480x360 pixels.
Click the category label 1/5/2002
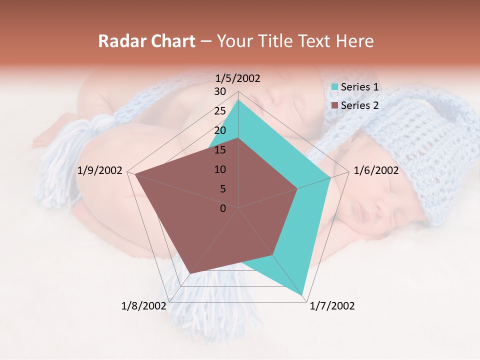tap(237, 78)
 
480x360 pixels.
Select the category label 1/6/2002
tap(376, 170)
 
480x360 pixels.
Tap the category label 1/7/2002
tap(332, 306)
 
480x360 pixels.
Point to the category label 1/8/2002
tap(144, 306)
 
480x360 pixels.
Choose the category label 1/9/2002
tap(100, 170)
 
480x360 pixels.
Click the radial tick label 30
tap(220, 91)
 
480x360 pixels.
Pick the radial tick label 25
tap(220, 111)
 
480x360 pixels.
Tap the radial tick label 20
tap(220, 130)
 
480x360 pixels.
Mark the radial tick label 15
tap(220, 150)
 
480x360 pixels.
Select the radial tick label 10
tap(220, 169)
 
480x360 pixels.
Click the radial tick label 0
tap(223, 208)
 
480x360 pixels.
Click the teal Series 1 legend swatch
tap(335, 87)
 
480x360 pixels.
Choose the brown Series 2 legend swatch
tap(335, 105)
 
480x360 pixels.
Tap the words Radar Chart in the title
tap(146, 41)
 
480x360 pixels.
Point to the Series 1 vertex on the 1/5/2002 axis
tap(238, 100)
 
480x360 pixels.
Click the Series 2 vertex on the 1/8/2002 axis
tap(190, 273)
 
